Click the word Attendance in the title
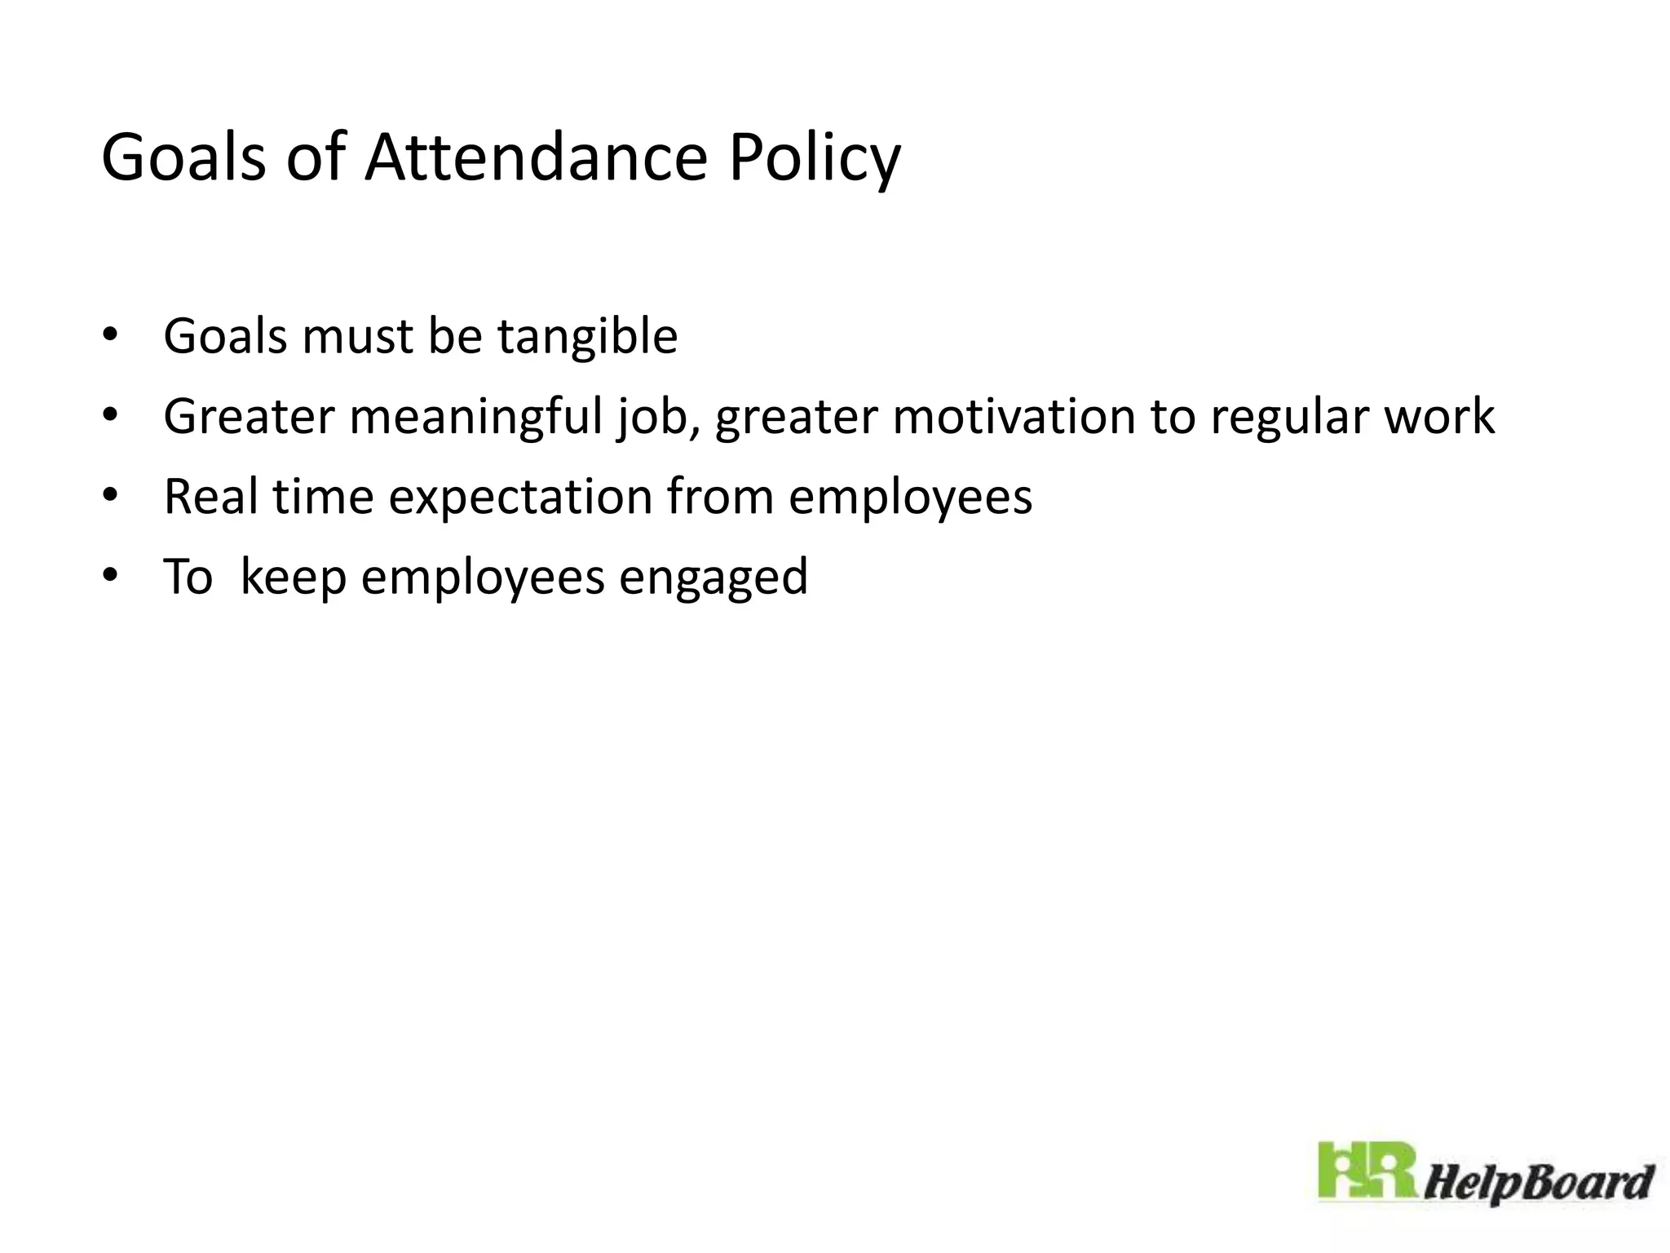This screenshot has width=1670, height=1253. pos(536,157)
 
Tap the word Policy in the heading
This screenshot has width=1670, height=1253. pos(815,159)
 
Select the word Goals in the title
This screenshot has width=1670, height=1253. pos(183,157)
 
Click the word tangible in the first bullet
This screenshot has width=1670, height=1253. pos(587,337)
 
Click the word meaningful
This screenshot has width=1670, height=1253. pos(475,417)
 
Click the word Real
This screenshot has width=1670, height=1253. pos(210,496)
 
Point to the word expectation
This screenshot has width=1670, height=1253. pos(520,498)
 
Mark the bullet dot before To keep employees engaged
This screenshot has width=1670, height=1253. pos(110,576)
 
